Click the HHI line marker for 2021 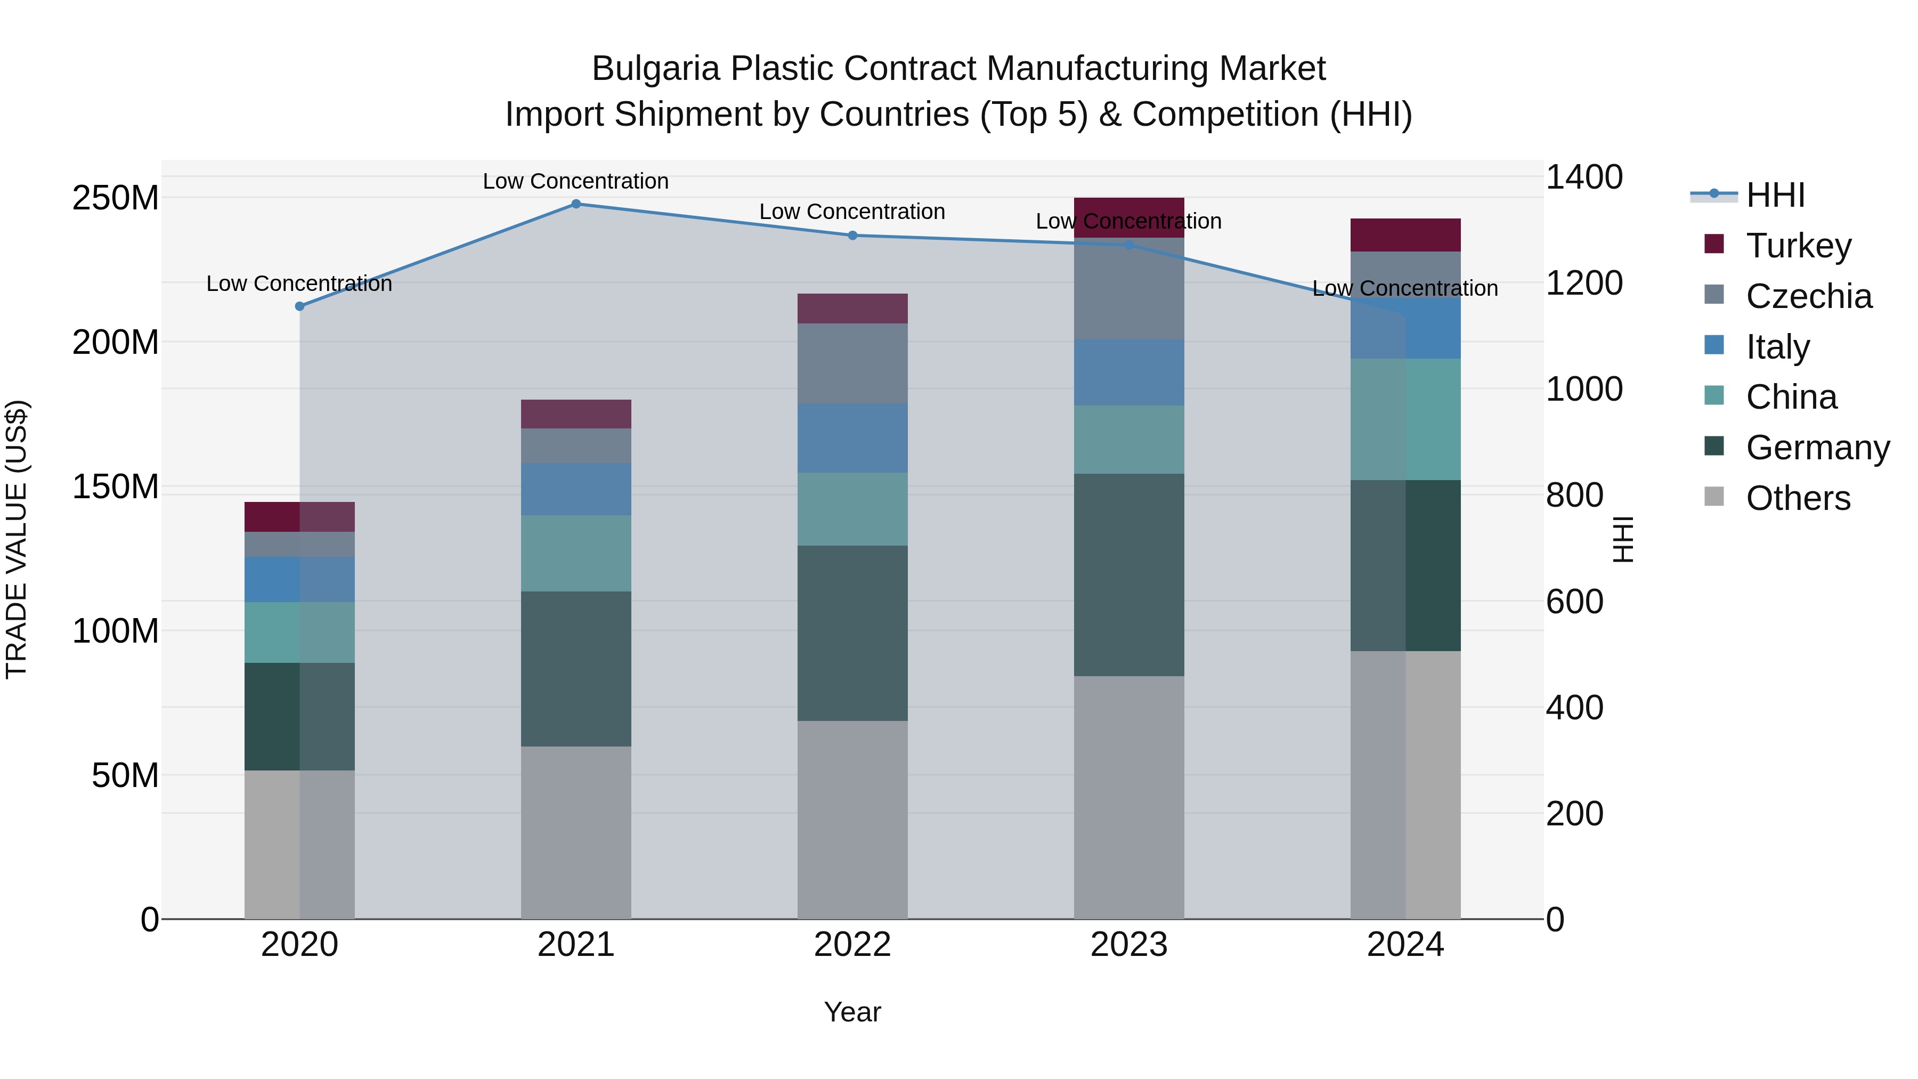tap(575, 204)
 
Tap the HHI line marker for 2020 tap(300, 306)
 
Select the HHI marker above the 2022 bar tap(852, 236)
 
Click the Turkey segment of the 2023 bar tap(1129, 217)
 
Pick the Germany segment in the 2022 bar tap(852, 633)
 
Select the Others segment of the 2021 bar tap(575, 832)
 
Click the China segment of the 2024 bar tap(1405, 419)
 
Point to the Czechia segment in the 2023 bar tap(1129, 289)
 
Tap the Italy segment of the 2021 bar tap(575, 489)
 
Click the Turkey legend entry tap(1798, 246)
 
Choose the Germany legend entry tap(1817, 448)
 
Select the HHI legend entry tap(1774, 195)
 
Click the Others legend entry tap(1798, 498)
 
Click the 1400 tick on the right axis tap(1584, 177)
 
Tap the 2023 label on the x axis tap(1129, 945)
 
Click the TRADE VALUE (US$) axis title tap(17, 539)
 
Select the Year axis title tap(852, 1012)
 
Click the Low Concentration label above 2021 tap(575, 181)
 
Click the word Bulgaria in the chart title tap(655, 69)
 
